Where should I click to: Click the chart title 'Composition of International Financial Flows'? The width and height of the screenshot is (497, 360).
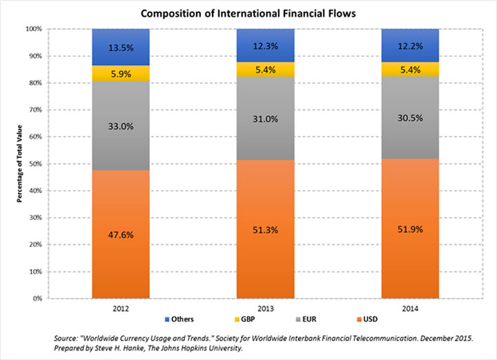[248, 12]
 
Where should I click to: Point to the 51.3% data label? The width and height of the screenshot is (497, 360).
[265, 229]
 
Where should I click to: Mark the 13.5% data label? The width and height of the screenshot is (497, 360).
[121, 48]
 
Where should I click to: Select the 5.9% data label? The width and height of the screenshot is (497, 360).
[121, 74]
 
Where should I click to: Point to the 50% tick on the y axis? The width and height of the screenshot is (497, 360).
[34, 164]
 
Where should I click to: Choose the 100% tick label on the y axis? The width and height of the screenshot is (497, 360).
[32, 29]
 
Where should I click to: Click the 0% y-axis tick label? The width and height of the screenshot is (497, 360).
[36, 299]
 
